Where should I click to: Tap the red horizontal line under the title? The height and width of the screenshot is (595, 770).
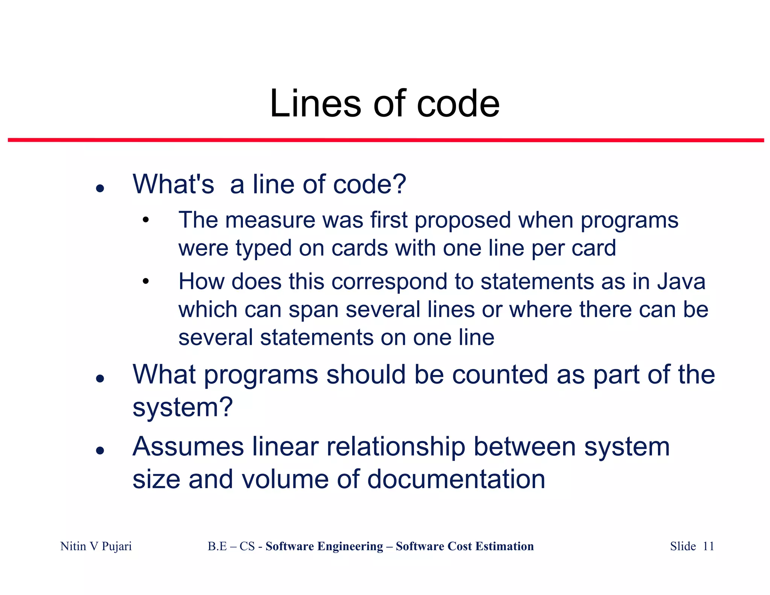[386, 140]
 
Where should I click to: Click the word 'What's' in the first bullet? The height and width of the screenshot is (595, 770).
[173, 184]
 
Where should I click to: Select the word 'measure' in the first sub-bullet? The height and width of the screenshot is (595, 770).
[270, 220]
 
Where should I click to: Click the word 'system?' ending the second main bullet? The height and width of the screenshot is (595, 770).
[183, 407]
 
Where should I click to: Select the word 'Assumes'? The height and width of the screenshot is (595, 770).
[188, 447]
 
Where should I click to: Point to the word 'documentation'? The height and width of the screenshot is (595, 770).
[456, 479]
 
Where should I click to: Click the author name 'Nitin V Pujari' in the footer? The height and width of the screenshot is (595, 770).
[96, 546]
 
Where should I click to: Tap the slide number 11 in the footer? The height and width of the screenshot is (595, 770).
[708, 546]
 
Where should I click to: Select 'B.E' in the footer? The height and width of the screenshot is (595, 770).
[217, 546]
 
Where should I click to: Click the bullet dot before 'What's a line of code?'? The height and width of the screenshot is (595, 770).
[100, 188]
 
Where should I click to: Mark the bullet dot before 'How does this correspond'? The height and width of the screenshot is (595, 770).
[146, 281]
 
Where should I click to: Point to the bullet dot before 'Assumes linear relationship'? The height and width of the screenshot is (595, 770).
[100, 450]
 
